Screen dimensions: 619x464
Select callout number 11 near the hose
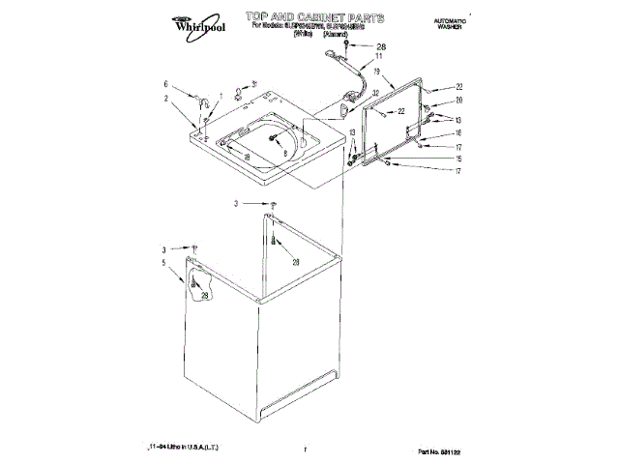click(379, 57)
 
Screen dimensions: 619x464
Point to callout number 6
click(165, 83)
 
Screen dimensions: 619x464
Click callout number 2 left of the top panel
click(165, 98)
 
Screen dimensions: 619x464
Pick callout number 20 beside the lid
click(459, 101)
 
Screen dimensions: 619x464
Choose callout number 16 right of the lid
click(459, 132)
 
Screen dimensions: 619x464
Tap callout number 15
click(459, 159)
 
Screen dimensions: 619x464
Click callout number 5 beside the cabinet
click(163, 262)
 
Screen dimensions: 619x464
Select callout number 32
click(375, 93)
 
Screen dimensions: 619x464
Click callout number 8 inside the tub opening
click(284, 152)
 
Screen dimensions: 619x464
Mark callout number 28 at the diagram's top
click(379, 46)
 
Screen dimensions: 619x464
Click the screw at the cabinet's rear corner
click(274, 205)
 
